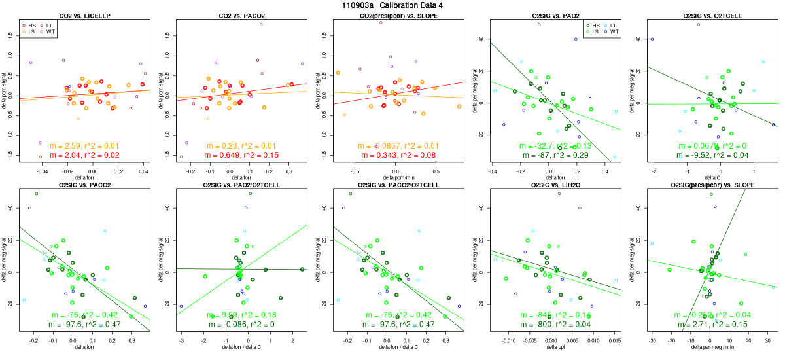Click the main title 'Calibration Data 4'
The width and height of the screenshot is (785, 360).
[x=392, y=5]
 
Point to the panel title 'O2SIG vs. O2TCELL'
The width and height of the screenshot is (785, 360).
[x=709, y=15]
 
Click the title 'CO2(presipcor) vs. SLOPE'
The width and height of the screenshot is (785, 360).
[x=397, y=15]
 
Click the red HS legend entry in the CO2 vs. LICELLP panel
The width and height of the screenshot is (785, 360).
[x=31, y=25]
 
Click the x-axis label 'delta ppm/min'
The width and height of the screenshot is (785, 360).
[x=397, y=177]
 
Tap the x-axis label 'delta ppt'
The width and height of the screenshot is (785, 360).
[x=553, y=348]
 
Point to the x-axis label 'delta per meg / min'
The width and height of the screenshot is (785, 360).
[x=709, y=348]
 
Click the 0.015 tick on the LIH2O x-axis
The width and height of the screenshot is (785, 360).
[x=614, y=340]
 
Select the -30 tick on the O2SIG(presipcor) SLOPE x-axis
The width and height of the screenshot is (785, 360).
[x=652, y=340]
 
